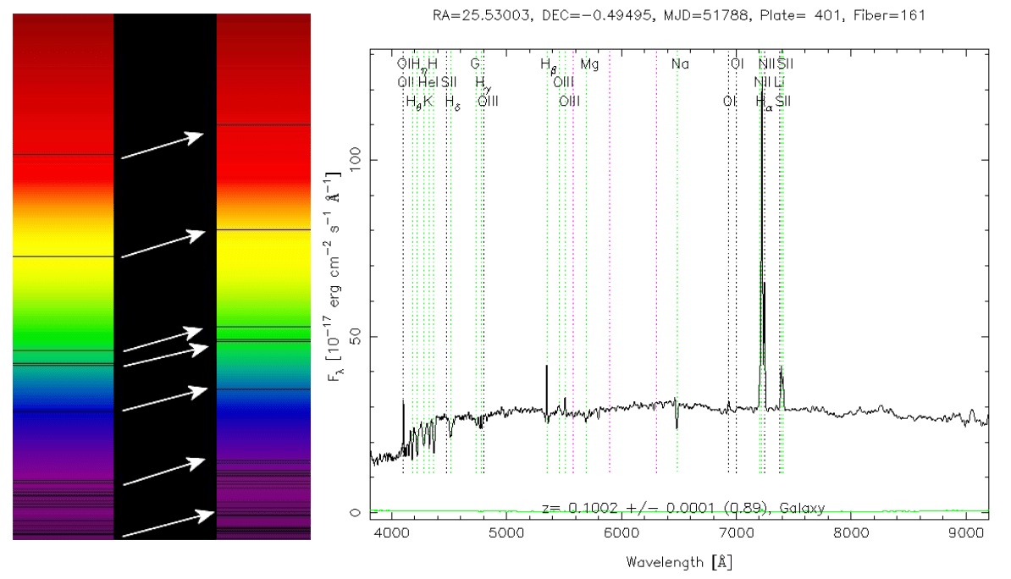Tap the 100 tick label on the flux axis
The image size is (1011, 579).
355,160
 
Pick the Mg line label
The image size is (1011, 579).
589,63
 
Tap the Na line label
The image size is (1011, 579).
680,63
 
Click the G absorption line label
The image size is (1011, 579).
475,63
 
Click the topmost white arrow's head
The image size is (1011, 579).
202,135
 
